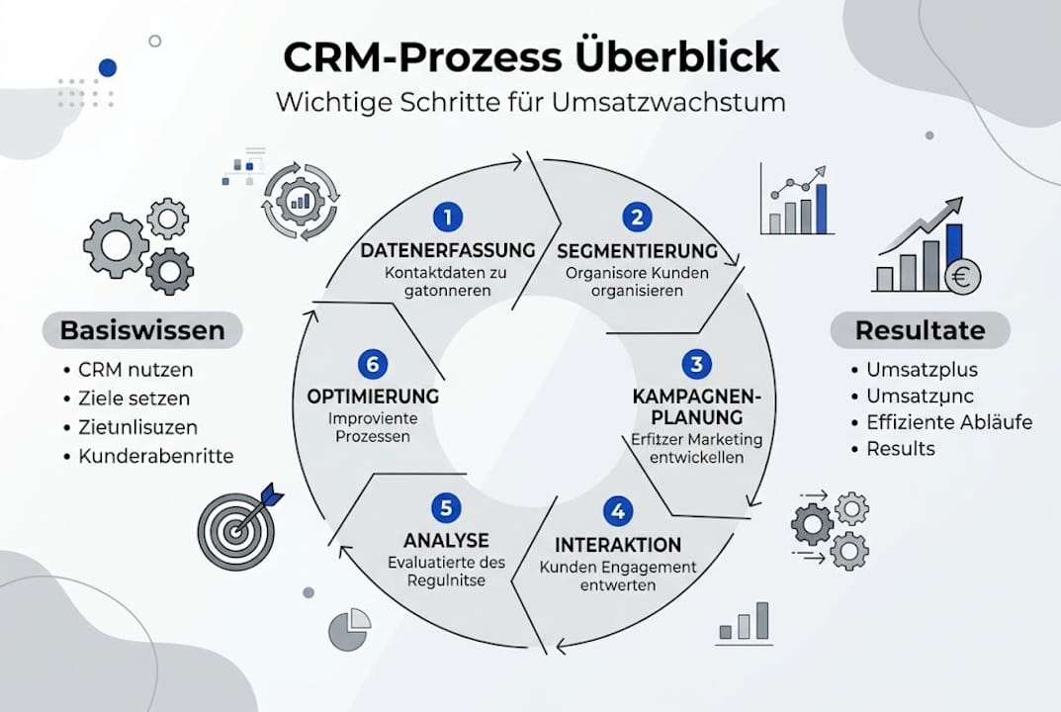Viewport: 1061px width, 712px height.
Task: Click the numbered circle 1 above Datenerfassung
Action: click(x=448, y=216)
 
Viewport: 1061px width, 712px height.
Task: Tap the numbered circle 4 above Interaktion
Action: click(x=618, y=511)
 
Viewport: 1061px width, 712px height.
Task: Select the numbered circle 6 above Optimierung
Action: click(x=372, y=364)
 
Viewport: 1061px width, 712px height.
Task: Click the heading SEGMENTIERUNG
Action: click(x=637, y=250)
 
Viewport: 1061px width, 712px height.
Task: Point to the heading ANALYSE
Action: click(x=446, y=540)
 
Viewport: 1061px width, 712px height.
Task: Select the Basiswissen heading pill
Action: click(x=142, y=330)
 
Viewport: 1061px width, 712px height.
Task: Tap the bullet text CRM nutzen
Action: click(x=136, y=370)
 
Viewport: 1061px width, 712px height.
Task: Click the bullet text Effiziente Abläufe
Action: click(x=949, y=422)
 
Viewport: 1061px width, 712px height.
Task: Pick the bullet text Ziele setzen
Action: click(x=134, y=399)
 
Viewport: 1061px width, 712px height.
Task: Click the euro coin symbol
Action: click(x=960, y=279)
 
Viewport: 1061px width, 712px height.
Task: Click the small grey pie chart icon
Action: click(x=349, y=629)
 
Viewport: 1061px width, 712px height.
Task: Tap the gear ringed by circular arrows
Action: click(x=300, y=202)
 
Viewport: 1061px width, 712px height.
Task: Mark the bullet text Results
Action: click(x=901, y=449)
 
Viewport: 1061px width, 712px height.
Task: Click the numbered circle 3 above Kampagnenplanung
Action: click(x=696, y=364)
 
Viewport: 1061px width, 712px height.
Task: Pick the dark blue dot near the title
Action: click(x=108, y=67)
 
